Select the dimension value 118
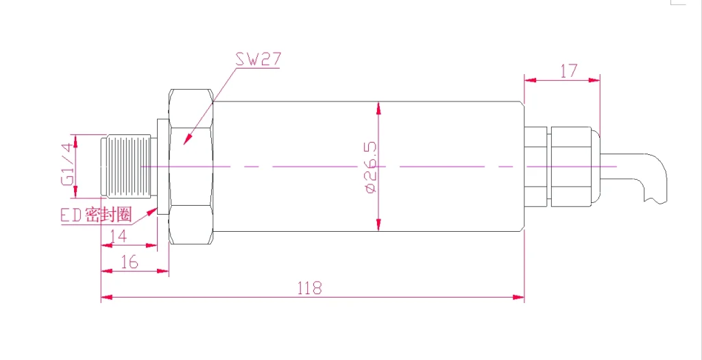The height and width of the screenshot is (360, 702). [309, 288]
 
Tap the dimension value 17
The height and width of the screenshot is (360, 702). [568, 70]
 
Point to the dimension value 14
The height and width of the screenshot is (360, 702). [119, 236]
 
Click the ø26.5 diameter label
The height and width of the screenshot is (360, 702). [371, 167]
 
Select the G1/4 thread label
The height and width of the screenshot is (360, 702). [66, 165]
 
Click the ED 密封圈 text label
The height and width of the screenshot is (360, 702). [95, 215]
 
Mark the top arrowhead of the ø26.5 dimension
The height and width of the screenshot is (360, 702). [378, 106]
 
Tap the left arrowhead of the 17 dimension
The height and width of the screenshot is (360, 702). [529, 80]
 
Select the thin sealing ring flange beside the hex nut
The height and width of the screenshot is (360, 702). [162, 167]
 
